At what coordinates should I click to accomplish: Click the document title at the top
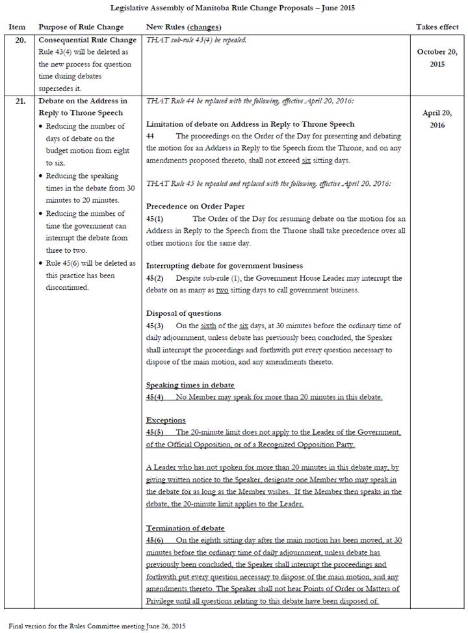234,8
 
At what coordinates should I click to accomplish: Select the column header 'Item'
16,27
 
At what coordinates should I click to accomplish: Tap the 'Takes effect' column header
437,27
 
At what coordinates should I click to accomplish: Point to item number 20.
19,40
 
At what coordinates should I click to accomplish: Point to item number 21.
19,101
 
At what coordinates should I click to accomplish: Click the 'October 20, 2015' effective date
437,58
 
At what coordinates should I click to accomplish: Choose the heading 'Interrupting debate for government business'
224,266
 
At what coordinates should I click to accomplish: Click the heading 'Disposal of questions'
184,313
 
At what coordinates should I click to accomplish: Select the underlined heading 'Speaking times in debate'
190,385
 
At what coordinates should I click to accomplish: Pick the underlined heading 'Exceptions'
166,420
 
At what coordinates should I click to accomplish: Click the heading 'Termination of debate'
185,528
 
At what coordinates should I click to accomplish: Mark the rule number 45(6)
155,541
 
